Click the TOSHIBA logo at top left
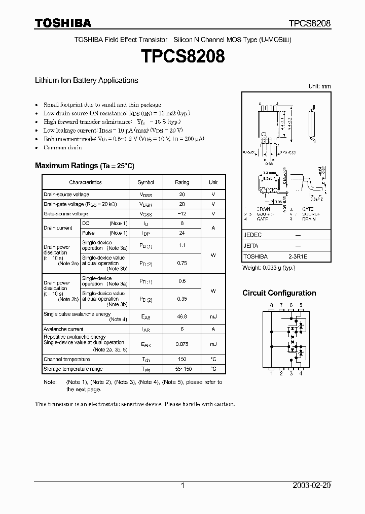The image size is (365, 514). click(x=63, y=23)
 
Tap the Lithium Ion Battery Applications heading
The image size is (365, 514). click(x=86, y=80)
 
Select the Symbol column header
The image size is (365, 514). click(x=146, y=182)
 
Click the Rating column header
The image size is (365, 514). click(x=182, y=182)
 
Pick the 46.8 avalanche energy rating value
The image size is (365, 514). click(x=182, y=316)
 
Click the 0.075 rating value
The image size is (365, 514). click(x=182, y=344)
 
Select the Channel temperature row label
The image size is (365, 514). click(x=67, y=359)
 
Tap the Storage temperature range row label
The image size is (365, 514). click(x=73, y=369)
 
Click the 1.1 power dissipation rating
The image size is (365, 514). click(x=182, y=245)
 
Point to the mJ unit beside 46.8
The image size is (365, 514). click(x=213, y=316)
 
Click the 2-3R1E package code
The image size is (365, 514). click(x=298, y=257)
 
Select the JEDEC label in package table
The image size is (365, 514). click(x=252, y=235)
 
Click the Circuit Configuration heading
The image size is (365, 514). click(x=279, y=293)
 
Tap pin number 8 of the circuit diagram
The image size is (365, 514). click(x=272, y=305)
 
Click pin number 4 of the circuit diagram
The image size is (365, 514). click(x=301, y=374)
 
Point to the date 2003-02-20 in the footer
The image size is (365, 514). click(x=311, y=486)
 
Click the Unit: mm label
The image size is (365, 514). click(x=319, y=86)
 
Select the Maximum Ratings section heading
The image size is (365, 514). click(x=84, y=166)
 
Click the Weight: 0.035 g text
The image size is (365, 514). click(x=269, y=267)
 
